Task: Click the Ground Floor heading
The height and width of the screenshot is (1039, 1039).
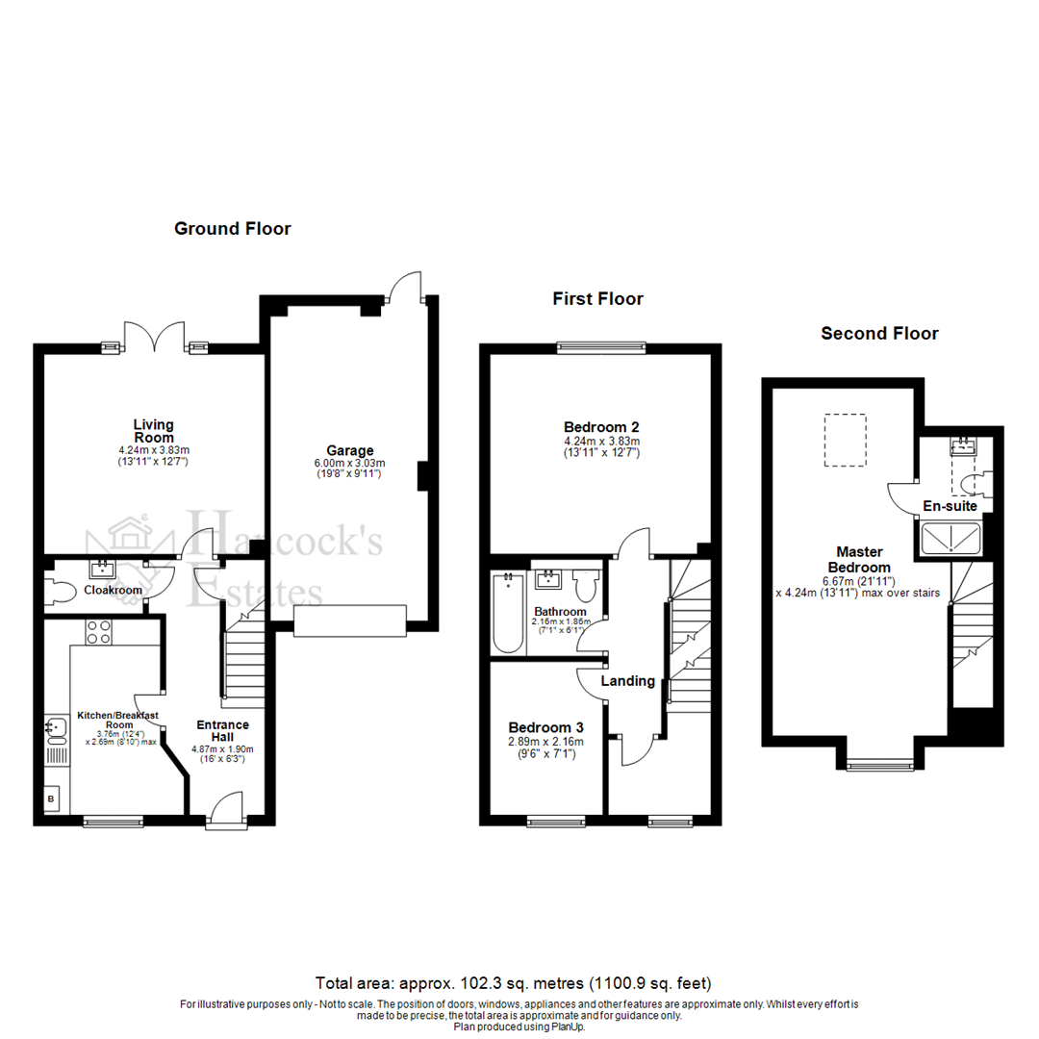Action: [x=232, y=229]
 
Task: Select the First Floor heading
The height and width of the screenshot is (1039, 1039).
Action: [x=597, y=299]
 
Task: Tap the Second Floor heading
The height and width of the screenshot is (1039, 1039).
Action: [x=879, y=334]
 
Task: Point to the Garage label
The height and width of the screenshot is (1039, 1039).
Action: [x=349, y=450]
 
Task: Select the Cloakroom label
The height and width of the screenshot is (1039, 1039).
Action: [x=113, y=590]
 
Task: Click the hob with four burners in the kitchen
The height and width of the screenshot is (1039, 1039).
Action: [x=99, y=631]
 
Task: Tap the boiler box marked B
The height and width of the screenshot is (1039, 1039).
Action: [x=51, y=798]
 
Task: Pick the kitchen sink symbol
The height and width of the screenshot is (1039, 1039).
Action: [x=55, y=733]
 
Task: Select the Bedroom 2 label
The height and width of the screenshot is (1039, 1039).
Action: [x=601, y=427]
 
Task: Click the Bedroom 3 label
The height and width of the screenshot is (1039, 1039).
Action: [x=541, y=727]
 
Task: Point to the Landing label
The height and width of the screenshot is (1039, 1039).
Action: [x=627, y=681]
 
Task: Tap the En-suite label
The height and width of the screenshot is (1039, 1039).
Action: [x=950, y=506]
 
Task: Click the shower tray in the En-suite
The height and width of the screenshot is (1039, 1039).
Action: [x=950, y=540]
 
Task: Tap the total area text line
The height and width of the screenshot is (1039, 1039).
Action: [x=514, y=983]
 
